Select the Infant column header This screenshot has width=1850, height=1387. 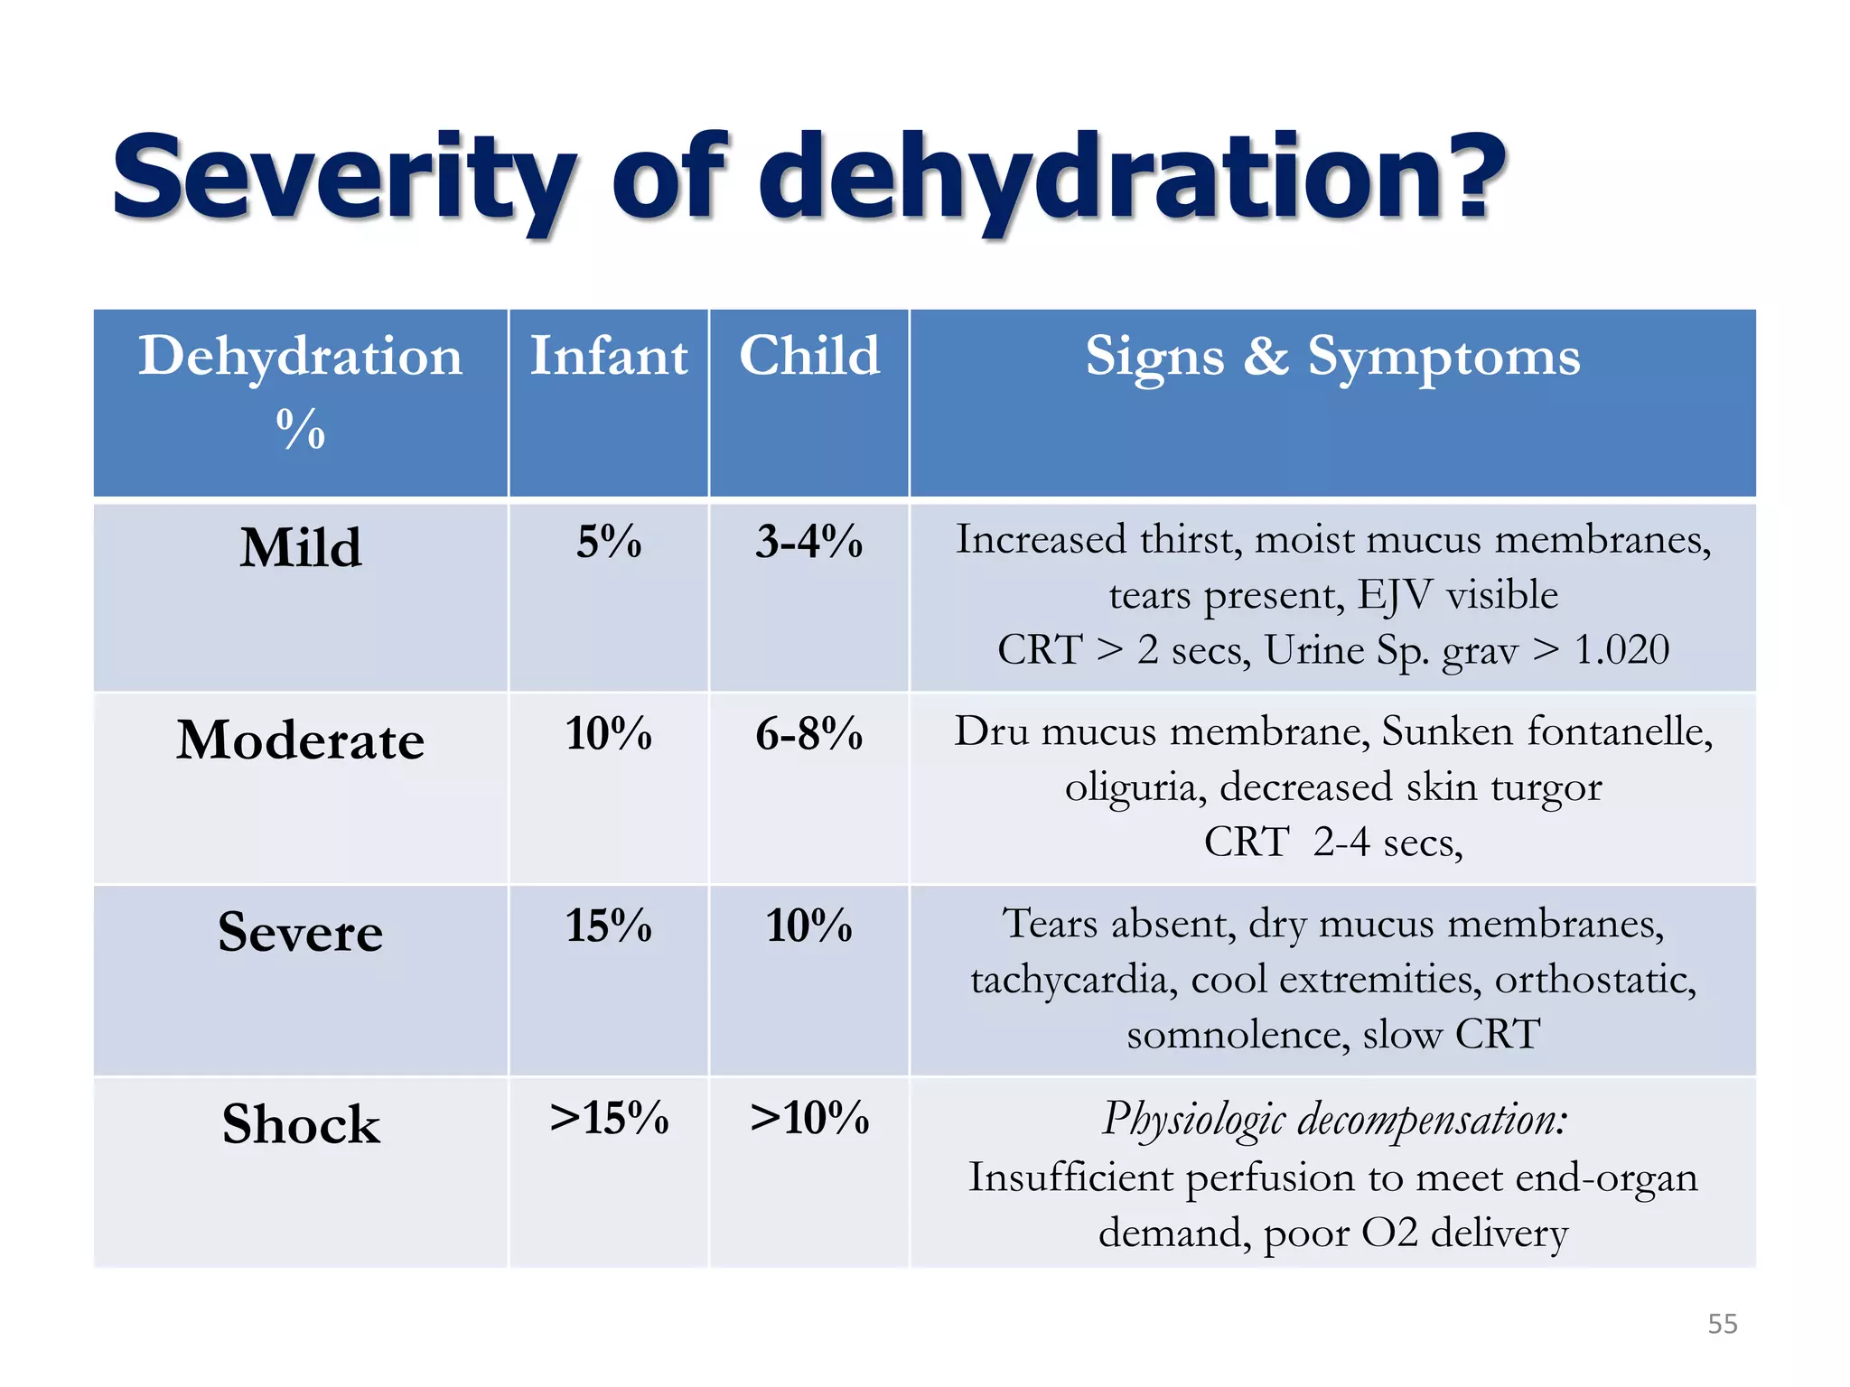(x=608, y=356)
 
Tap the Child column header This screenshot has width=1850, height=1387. (x=809, y=356)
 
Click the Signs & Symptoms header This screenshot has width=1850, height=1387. (x=1332, y=358)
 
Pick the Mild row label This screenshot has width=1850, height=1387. (x=301, y=548)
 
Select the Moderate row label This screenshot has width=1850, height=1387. (x=301, y=740)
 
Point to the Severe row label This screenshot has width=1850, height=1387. (x=301, y=932)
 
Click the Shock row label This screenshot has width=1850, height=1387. (x=301, y=1124)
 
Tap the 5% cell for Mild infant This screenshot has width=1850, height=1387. (x=609, y=542)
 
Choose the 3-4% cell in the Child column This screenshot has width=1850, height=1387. (x=809, y=542)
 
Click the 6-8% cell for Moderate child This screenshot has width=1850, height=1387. (x=809, y=733)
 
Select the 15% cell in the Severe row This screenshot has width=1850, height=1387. (x=609, y=926)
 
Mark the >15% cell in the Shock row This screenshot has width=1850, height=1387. (x=609, y=1118)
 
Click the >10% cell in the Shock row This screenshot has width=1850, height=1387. (x=809, y=1118)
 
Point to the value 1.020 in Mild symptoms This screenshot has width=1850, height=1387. (x=1621, y=650)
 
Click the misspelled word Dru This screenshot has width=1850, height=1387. (x=992, y=731)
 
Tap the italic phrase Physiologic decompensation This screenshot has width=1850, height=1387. (x=1334, y=1120)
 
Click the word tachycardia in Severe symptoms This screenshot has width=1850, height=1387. (x=1074, y=980)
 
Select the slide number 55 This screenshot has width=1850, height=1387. (x=1722, y=1324)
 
